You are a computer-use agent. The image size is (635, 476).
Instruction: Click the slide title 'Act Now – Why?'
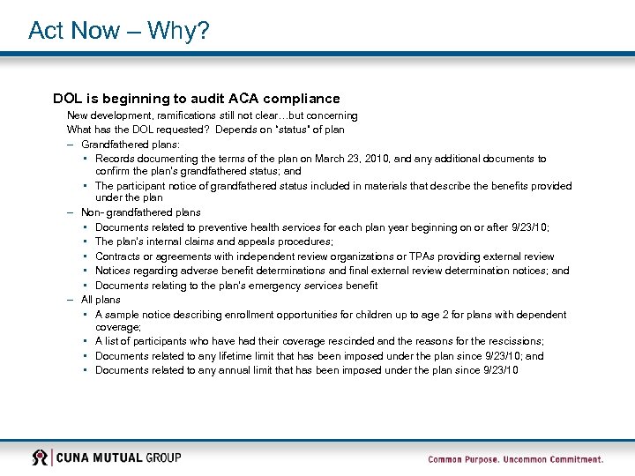(118, 31)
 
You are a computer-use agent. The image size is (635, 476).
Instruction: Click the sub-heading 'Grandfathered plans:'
(131, 144)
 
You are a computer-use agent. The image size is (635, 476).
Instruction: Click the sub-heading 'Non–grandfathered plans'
(141, 212)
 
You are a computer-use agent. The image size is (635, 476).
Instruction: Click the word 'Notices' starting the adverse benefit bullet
(112, 271)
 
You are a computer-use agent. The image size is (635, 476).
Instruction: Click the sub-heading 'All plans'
(101, 300)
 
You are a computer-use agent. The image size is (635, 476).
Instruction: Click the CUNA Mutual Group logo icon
(41, 457)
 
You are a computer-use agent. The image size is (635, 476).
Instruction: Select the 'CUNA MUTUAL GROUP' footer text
(119, 457)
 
